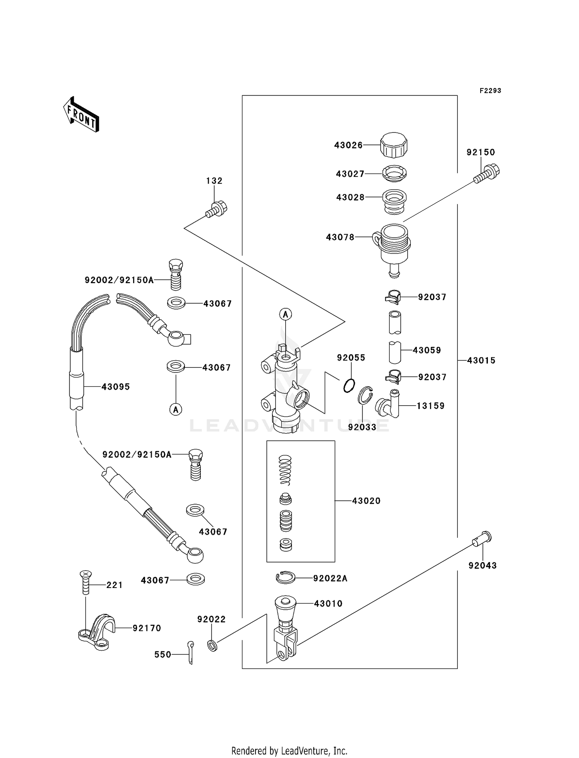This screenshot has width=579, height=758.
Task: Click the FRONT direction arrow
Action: (x=81, y=115)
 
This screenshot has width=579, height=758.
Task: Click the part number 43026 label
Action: (x=348, y=145)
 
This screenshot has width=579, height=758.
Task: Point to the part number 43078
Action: (x=340, y=237)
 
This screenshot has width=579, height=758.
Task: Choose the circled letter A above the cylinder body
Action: (x=285, y=314)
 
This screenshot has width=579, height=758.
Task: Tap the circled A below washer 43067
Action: (x=176, y=409)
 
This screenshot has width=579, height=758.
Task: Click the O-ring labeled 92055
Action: (x=349, y=385)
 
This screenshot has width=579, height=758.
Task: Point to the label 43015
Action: (x=481, y=360)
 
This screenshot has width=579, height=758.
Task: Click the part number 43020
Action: (x=366, y=501)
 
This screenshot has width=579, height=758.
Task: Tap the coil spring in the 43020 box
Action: (x=285, y=470)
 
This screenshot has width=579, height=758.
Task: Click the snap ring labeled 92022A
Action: (x=286, y=578)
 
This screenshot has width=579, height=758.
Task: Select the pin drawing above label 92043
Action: (x=482, y=539)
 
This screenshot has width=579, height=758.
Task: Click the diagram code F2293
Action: (x=490, y=91)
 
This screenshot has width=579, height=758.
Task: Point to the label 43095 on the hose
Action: (x=115, y=387)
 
